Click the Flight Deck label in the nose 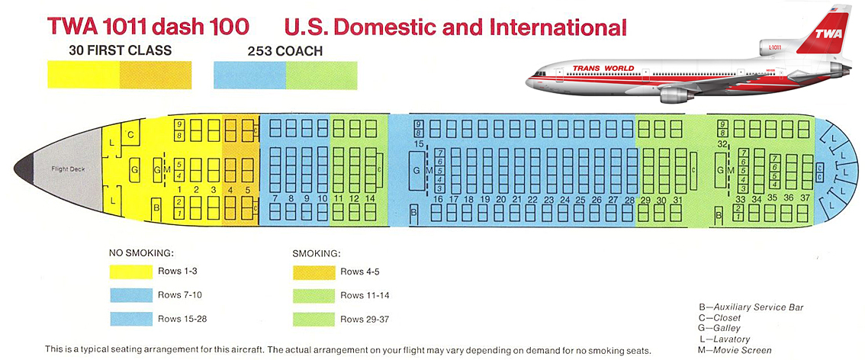coord(68,169)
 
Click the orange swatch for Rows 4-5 coord(313,272)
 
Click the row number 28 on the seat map coord(629,200)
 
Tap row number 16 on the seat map coord(438,200)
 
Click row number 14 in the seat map coord(371,198)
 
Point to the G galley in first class coord(134,169)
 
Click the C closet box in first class coord(130,135)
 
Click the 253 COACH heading coord(285,52)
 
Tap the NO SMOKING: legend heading coord(142,252)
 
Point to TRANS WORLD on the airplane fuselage coord(603,69)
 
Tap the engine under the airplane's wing coord(676,94)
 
